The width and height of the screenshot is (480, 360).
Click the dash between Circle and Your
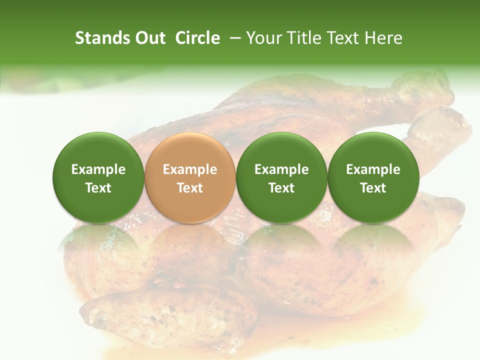tap(233, 38)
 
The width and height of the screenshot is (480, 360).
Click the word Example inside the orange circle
tap(190, 169)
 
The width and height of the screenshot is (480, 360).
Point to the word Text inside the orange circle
tap(190, 188)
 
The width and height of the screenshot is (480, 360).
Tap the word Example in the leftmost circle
tap(98, 169)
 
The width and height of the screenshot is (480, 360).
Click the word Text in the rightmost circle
tap(373, 188)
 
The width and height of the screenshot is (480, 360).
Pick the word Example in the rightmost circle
tap(373, 169)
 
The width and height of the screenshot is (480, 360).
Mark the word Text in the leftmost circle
tap(98, 188)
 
